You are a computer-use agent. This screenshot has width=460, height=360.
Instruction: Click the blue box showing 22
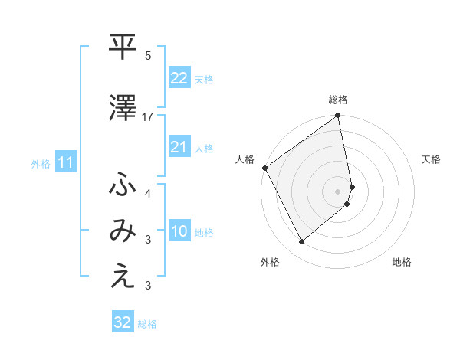(x=179, y=77)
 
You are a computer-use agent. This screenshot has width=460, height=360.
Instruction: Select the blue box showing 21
(x=179, y=146)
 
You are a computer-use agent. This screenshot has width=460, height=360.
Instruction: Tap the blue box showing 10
(x=179, y=231)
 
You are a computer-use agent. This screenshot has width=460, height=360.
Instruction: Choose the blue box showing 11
(x=66, y=162)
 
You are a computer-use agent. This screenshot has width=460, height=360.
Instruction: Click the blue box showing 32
(x=123, y=322)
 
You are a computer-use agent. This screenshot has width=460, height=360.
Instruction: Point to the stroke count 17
(x=148, y=116)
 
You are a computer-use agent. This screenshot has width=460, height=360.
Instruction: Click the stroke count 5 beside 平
(x=148, y=55)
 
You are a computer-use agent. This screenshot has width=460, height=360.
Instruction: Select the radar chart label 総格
(x=338, y=100)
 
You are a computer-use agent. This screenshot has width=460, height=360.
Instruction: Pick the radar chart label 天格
(x=431, y=159)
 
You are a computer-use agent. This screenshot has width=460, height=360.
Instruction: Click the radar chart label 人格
(x=245, y=159)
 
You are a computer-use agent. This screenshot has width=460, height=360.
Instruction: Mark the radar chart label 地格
(x=402, y=262)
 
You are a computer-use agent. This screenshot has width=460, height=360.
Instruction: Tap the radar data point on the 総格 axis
(x=338, y=116)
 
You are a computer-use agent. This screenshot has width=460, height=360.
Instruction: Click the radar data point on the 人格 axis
(x=264, y=168)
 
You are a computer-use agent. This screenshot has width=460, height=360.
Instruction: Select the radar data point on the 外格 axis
(x=301, y=242)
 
